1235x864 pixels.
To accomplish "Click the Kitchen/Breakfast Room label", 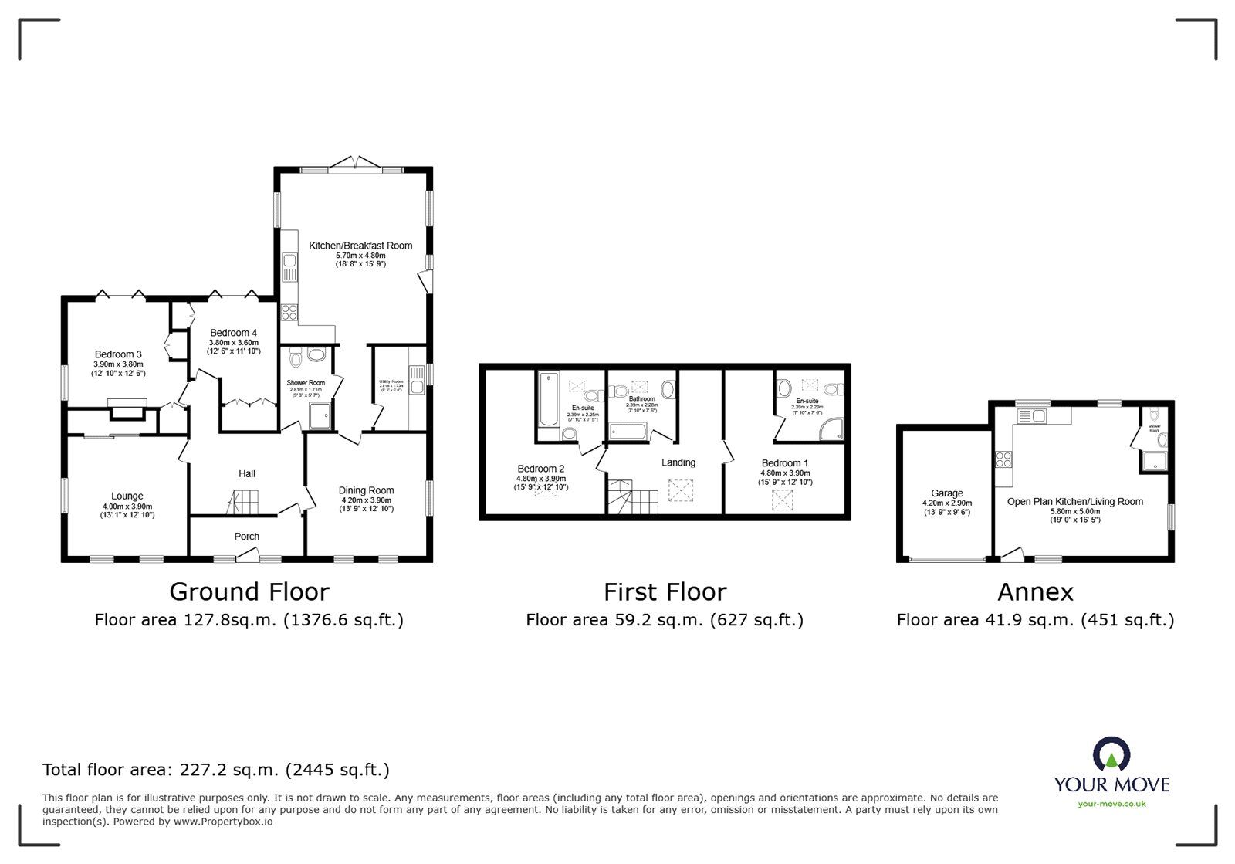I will (360, 246).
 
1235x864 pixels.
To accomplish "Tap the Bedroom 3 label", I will (118, 354).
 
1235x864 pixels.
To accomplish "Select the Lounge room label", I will (127, 496).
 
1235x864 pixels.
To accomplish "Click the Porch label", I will (247, 536).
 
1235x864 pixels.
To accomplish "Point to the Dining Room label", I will (367, 490).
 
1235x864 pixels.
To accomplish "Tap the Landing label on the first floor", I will (678, 462).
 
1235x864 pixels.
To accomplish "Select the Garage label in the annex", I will (947, 493).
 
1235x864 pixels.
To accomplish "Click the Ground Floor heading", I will (249, 591).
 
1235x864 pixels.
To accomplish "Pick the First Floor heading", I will (665, 591).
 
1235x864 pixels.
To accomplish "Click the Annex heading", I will (1035, 591).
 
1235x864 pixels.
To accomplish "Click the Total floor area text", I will (216, 770).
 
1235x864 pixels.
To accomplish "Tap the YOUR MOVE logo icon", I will (1111, 754).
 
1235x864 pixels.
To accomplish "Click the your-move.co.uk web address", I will (1111, 804).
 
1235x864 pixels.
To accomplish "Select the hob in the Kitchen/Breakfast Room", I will (289, 312).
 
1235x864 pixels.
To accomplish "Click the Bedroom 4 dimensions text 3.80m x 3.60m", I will (233, 343).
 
